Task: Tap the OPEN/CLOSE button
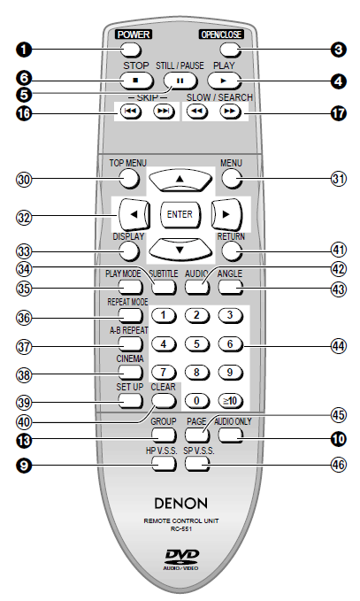coord(231,50)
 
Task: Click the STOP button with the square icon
coord(136,81)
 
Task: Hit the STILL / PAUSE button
coord(180,81)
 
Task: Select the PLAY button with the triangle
coord(225,81)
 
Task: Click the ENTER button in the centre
coord(180,214)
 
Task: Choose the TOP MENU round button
coord(128,178)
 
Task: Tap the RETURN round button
coord(232,251)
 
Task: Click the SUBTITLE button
coord(164,286)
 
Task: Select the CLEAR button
coord(164,401)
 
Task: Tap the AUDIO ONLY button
coord(231,435)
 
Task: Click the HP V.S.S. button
coord(164,464)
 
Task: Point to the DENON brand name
coord(180,503)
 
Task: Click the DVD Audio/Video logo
coord(181,559)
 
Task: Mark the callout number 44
coord(338,346)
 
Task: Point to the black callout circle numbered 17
coord(338,113)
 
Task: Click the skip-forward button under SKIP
coord(164,112)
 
